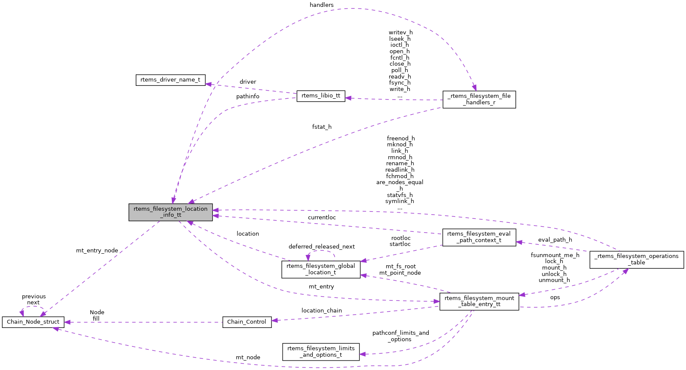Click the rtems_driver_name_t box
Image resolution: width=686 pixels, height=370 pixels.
pyautogui.click(x=170, y=80)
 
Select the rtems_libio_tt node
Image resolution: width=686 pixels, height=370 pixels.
pyautogui.click(x=320, y=96)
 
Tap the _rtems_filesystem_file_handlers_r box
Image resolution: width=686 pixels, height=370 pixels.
pyautogui.click(x=479, y=99)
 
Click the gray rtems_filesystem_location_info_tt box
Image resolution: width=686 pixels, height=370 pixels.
pyautogui.click(x=171, y=212)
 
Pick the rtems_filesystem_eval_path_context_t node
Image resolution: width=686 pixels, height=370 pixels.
pyautogui.click(x=479, y=237)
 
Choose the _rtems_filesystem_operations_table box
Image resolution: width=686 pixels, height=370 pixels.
pyautogui.click(x=636, y=259)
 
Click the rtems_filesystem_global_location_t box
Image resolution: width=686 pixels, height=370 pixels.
pyautogui.click(x=320, y=269)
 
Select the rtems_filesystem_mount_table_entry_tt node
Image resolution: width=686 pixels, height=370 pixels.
pyautogui.click(x=479, y=301)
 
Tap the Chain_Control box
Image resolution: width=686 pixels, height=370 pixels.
pyautogui.click(x=247, y=322)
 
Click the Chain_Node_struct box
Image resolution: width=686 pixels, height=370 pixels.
pyautogui.click(x=33, y=322)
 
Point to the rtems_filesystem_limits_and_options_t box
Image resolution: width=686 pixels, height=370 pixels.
pyautogui.click(x=320, y=352)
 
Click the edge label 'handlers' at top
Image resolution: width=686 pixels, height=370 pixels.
pyautogui.click(x=321, y=5)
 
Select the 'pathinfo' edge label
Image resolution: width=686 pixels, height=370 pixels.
pyautogui.click(x=247, y=97)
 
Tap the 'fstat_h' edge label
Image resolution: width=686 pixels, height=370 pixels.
pyautogui.click(x=321, y=127)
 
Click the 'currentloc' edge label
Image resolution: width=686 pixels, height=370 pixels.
pyautogui.click(x=321, y=218)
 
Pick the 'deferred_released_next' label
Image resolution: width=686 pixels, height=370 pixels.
pyautogui.click(x=321, y=247)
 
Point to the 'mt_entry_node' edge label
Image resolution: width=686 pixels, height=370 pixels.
pyautogui.click(x=97, y=251)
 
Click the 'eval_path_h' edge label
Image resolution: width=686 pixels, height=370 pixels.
pyautogui.click(x=555, y=240)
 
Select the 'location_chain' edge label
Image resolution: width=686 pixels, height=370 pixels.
pyautogui.click(x=321, y=311)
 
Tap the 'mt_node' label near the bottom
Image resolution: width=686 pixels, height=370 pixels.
pyautogui.click(x=247, y=358)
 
